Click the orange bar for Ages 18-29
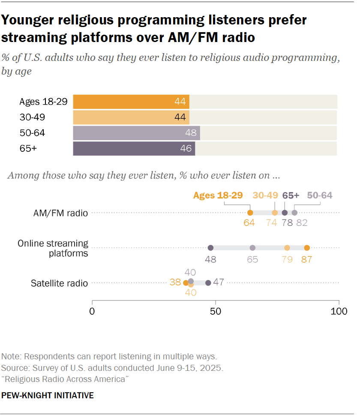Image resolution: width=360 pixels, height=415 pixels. coord(131,102)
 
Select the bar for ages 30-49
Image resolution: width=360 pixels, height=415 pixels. coord(131,117)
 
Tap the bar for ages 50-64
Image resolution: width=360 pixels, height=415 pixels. coord(136,133)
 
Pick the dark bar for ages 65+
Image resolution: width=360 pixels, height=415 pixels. coord(134,148)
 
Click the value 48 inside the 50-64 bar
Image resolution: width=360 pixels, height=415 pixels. coord(191,133)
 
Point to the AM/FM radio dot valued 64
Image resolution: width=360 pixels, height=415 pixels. coord(250,213)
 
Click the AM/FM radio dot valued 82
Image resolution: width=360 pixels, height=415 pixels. coord(294,213)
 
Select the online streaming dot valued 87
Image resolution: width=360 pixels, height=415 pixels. coord(307,248)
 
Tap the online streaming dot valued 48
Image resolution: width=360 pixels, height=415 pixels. coord(210,248)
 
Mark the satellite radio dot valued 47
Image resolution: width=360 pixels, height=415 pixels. coord(208,283)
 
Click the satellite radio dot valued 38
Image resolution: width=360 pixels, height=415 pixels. coord(186,283)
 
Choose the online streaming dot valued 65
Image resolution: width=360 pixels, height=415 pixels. coord(252,248)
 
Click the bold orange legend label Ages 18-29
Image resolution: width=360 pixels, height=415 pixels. coord(218,195)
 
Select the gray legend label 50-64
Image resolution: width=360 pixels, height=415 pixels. coord(320,195)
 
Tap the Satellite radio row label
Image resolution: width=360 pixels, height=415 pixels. coord(59,283)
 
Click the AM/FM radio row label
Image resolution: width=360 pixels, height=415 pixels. coord(62,213)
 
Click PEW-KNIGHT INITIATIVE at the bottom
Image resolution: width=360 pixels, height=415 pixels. coord(48,395)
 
